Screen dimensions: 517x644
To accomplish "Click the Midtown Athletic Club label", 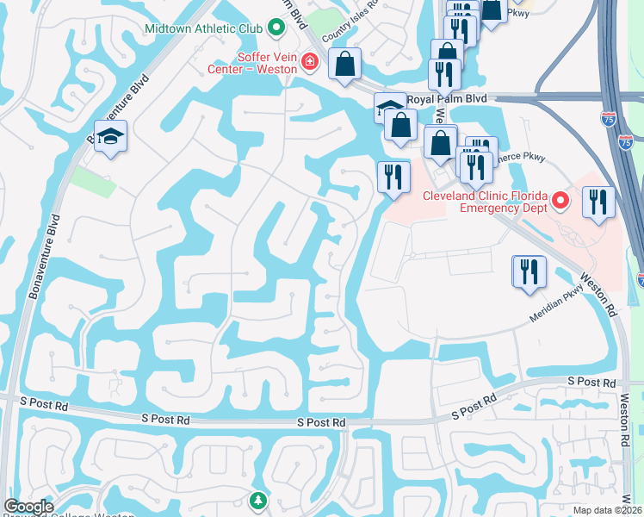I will (x=202, y=28).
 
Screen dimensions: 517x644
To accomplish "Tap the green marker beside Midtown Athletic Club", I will (x=276, y=28).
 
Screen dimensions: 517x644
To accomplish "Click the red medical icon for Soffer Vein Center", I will (x=309, y=61).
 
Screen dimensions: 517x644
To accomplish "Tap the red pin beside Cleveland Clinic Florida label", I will (x=560, y=202).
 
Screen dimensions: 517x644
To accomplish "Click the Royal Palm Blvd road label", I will (x=440, y=99).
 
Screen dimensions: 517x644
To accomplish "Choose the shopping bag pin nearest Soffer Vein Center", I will (x=345, y=64).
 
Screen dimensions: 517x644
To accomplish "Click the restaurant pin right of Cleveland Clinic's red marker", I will (x=598, y=202).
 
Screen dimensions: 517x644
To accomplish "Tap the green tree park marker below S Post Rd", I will (x=257, y=500).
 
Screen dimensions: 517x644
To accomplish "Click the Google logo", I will (x=28, y=507).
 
